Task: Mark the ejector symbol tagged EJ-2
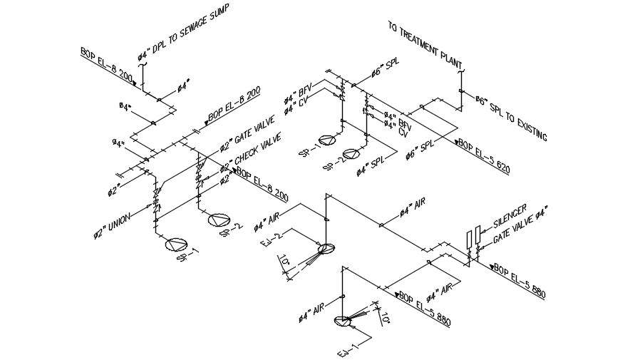(x=326, y=249)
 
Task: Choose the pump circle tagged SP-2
(x=351, y=153)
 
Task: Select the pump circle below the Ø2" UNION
(x=174, y=245)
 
